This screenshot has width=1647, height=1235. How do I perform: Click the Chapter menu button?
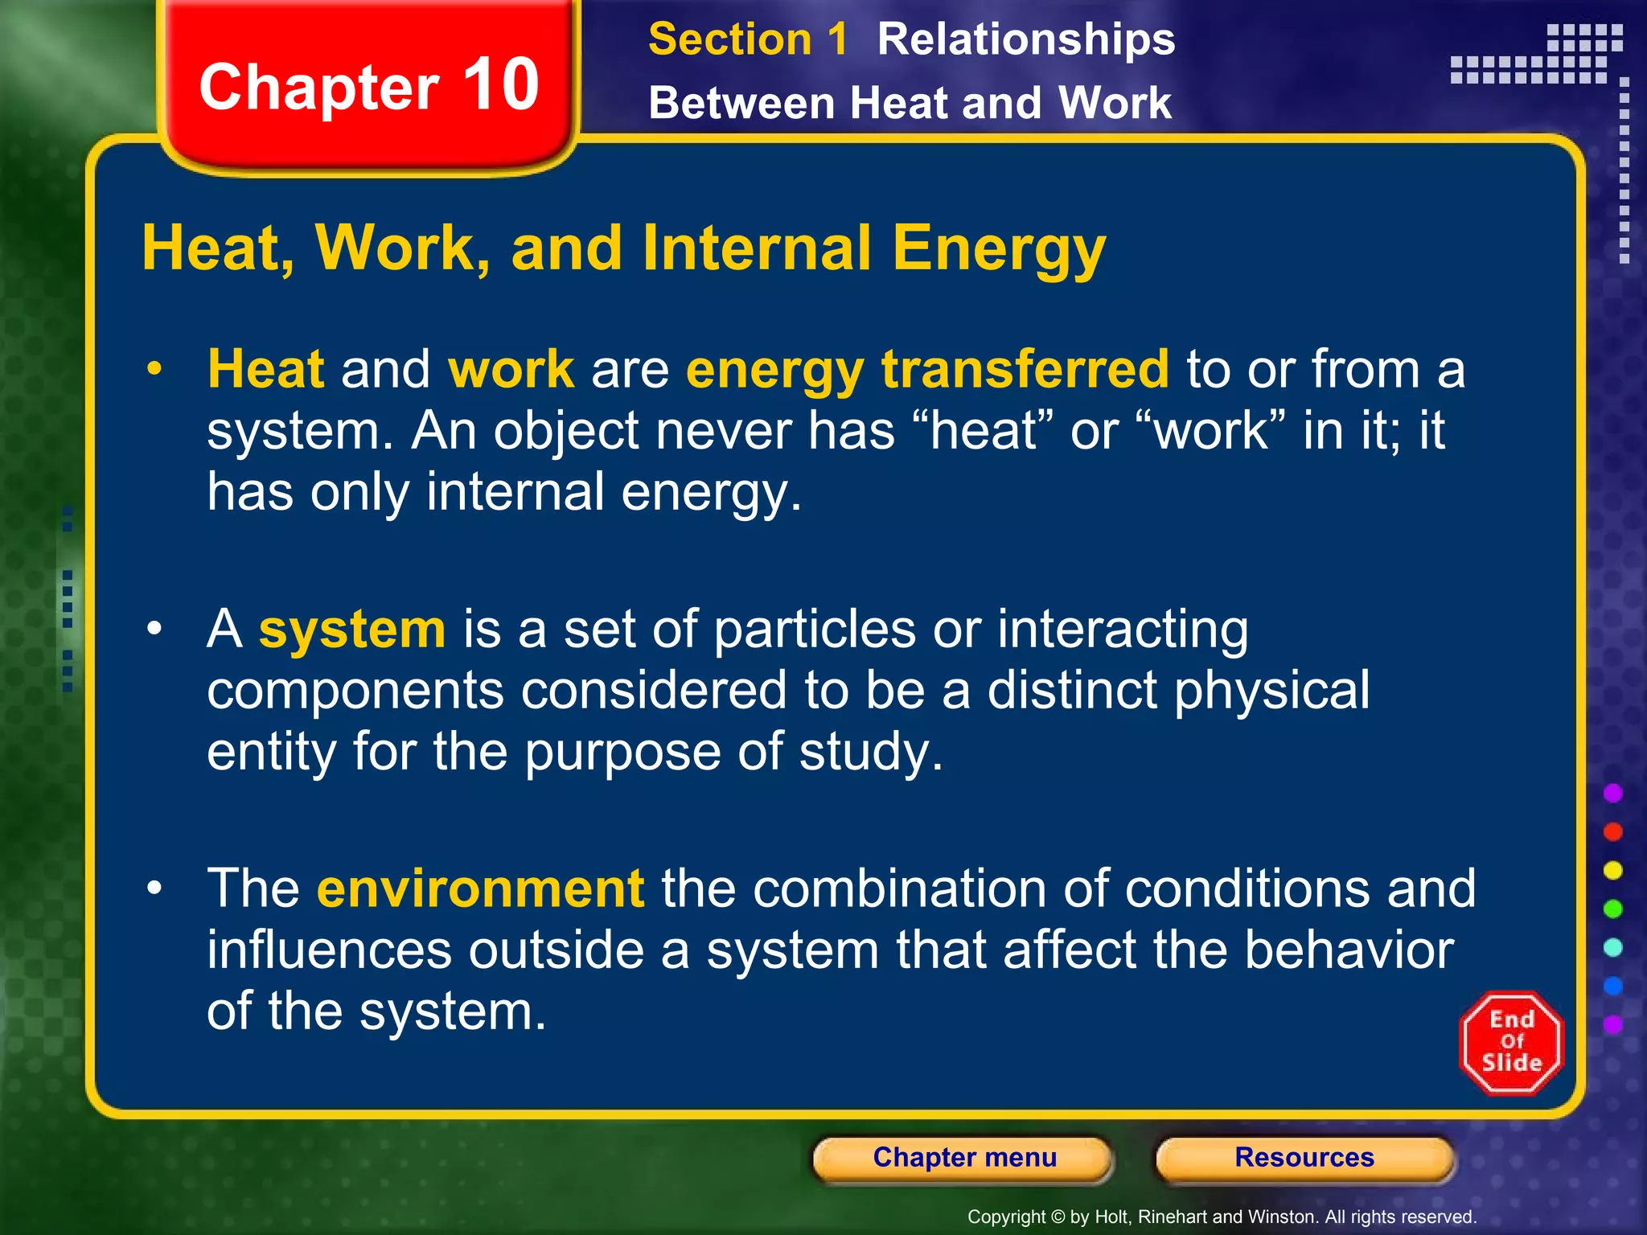(963, 1158)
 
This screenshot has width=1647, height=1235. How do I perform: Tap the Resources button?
(1304, 1158)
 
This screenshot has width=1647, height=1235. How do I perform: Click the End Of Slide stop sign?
(1511, 1043)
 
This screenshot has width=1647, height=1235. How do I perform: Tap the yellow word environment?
(480, 888)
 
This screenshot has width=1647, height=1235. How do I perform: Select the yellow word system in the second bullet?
(351, 629)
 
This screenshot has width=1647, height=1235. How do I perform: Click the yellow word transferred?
(1025, 369)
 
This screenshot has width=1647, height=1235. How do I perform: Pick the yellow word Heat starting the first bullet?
(265, 369)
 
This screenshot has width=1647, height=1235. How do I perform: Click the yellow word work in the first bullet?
(511, 369)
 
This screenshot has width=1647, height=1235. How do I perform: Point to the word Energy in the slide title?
(998, 249)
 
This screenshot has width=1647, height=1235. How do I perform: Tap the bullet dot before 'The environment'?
(154, 888)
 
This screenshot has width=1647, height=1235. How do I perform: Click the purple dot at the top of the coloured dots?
(1612, 794)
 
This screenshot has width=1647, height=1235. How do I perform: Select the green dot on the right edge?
(1612, 909)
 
